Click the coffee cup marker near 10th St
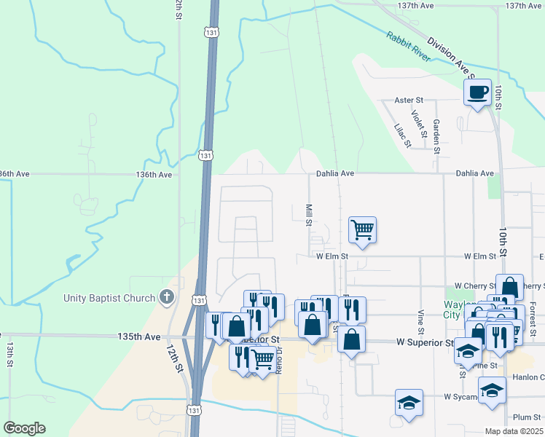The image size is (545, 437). (x=477, y=92)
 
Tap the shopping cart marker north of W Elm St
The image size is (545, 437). (x=362, y=230)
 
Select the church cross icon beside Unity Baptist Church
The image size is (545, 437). (x=167, y=297)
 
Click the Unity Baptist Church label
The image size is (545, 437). (x=109, y=298)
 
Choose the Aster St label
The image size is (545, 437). (x=408, y=100)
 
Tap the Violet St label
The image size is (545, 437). (x=417, y=123)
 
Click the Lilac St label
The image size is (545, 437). (x=401, y=135)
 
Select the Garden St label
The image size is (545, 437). (x=436, y=136)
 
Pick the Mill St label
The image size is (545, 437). (x=309, y=215)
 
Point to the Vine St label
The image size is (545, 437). (x=420, y=318)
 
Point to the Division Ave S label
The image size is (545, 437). (x=450, y=58)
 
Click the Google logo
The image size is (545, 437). (x=24, y=428)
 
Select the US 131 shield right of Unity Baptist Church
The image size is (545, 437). (x=198, y=299)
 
